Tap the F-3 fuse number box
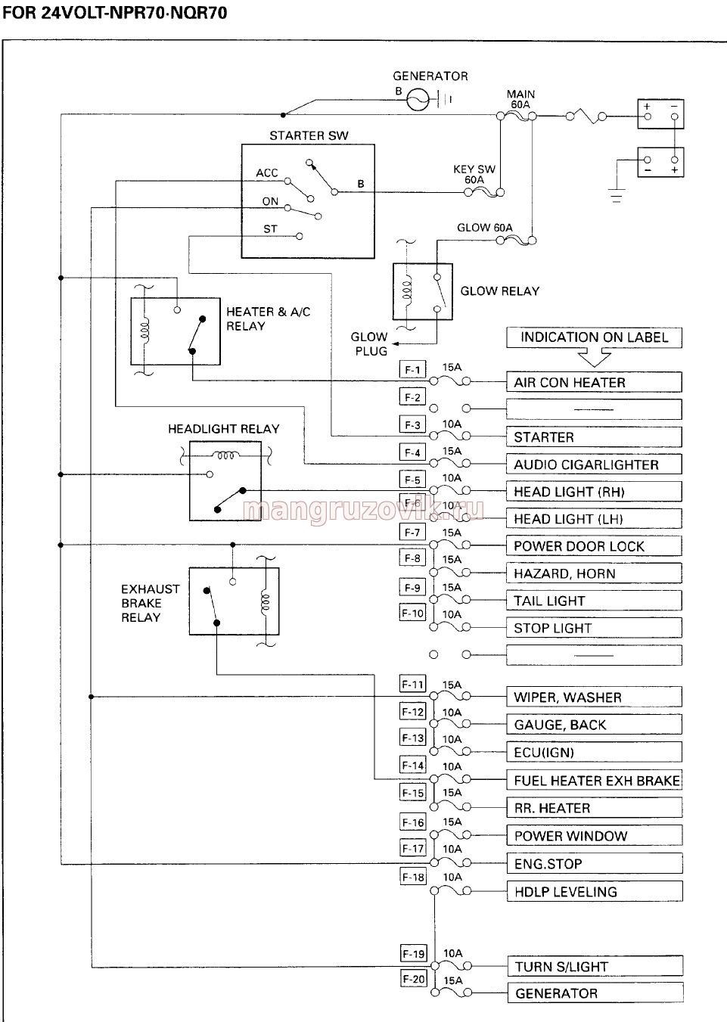point(412,425)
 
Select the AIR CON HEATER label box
point(594,382)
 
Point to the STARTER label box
point(594,436)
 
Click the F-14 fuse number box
point(413,765)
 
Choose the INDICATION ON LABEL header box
point(594,337)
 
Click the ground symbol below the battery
point(616,196)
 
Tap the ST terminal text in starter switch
point(270,229)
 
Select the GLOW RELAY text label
point(500,291)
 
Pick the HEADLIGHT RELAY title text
point(224,429)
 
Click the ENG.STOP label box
point(595,863)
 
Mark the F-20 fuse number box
point(414,979)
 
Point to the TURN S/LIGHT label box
point(595,966)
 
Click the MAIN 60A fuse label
point(520,99)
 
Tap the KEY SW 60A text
point(474,174)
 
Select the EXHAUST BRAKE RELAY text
point(150,603)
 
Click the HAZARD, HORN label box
point(594,573)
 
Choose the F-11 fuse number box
point(413,684)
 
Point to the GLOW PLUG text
point(370,344)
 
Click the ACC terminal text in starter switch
point(267,173)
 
